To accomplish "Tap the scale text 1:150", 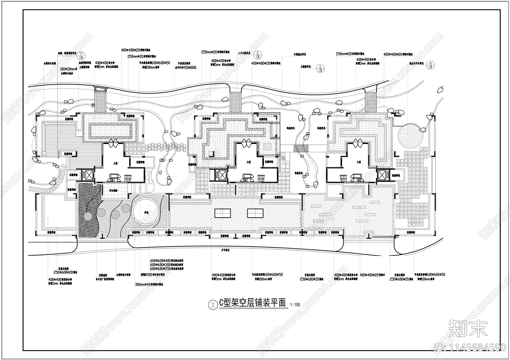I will [x=295, y=305].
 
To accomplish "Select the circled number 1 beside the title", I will [x=212, y=305].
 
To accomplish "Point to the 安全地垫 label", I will [x=113, y=190].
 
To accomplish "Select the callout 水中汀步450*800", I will [x=185, y=68].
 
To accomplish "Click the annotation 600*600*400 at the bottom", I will [x=167, y=261].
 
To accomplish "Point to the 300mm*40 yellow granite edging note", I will [x=149, y=284].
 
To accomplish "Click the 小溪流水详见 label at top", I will [x=300, y=54].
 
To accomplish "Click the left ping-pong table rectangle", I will [x=222, y=213].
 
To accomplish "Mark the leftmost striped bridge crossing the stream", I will [x=101, y=100].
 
